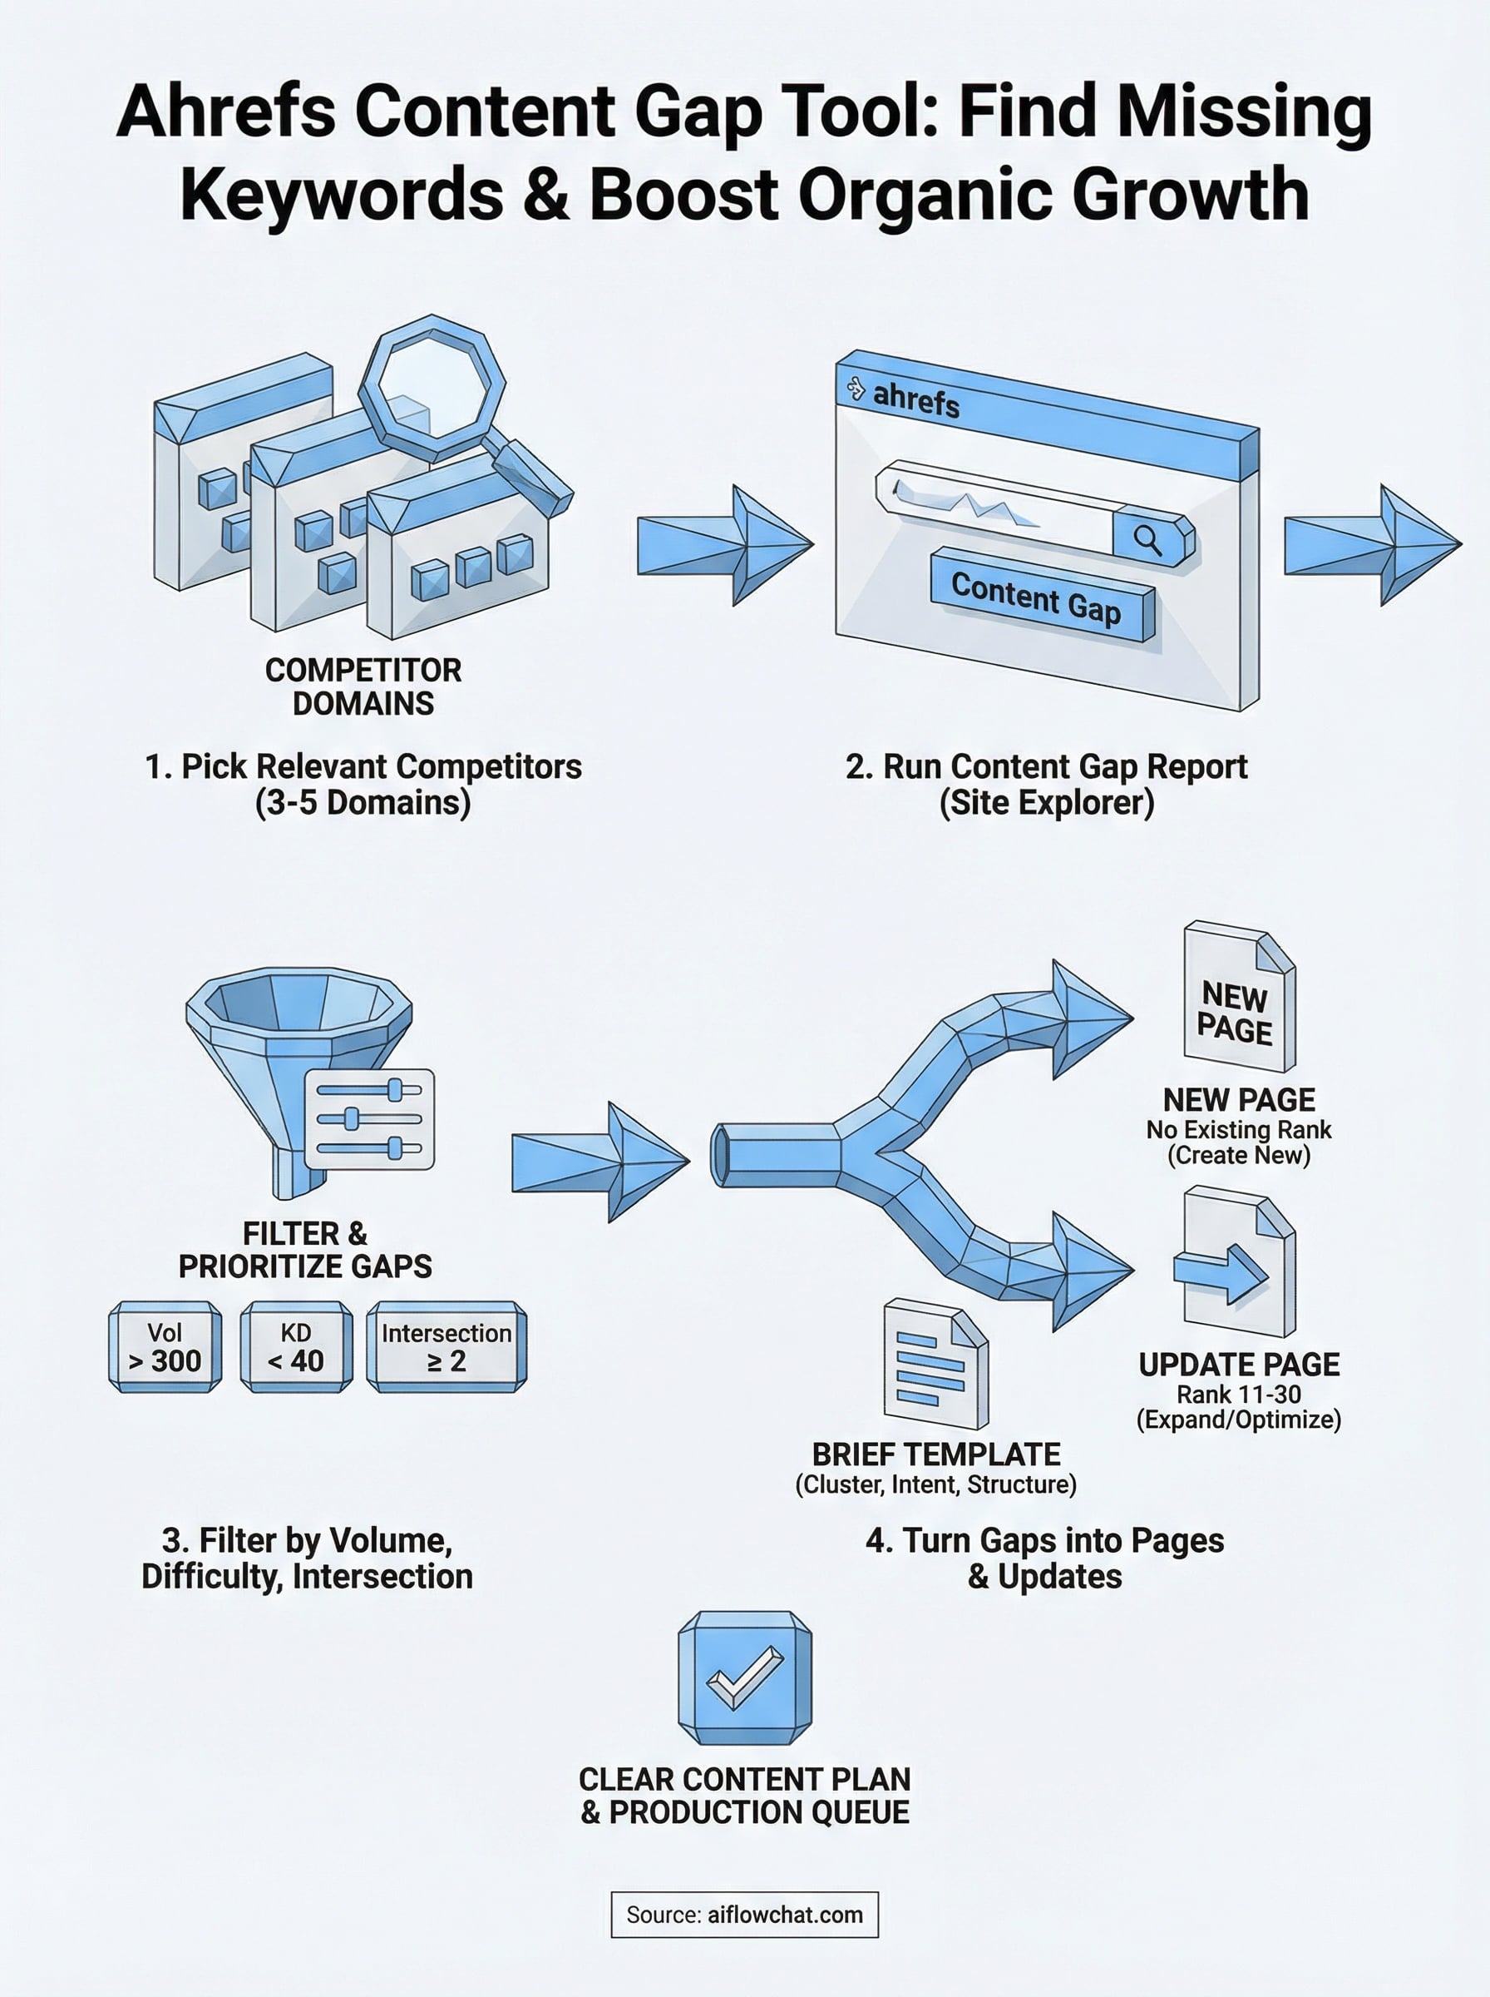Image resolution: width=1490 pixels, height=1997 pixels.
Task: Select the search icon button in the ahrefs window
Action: pos(1149,540)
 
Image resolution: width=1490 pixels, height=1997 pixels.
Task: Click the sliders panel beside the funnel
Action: pos(370,1119)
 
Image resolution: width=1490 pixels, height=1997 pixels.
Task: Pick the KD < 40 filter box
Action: pos(296,1346)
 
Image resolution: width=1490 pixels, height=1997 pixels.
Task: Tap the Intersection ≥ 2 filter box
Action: pos(447,1346)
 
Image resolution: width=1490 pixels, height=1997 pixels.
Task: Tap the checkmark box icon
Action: pos(744,1677)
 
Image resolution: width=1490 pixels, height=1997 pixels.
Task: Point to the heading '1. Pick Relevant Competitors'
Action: pos(363,766)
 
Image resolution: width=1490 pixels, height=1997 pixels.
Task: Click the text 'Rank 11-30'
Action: pos(1238,1395)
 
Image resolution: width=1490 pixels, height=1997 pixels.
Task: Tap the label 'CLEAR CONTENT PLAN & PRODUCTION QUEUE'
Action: pos(744,1796)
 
